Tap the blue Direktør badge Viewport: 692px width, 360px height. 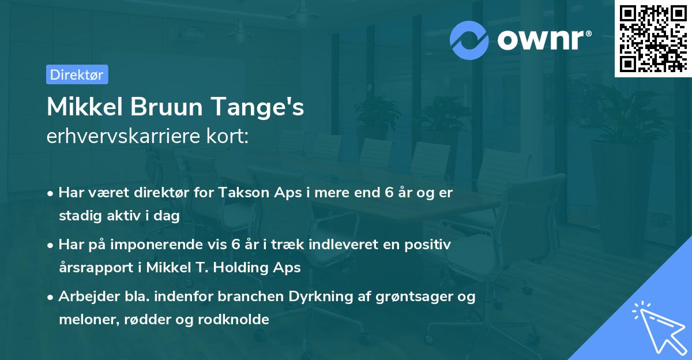(77, 74)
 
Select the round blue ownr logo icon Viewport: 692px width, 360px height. (469, 39)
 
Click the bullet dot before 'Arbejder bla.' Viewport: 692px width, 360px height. (51, 298)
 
